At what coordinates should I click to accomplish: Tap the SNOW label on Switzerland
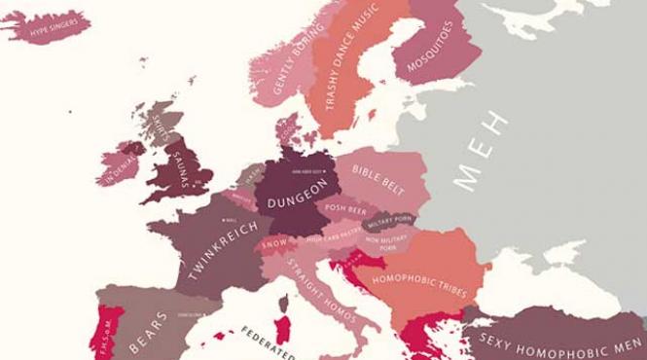point(275,243)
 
